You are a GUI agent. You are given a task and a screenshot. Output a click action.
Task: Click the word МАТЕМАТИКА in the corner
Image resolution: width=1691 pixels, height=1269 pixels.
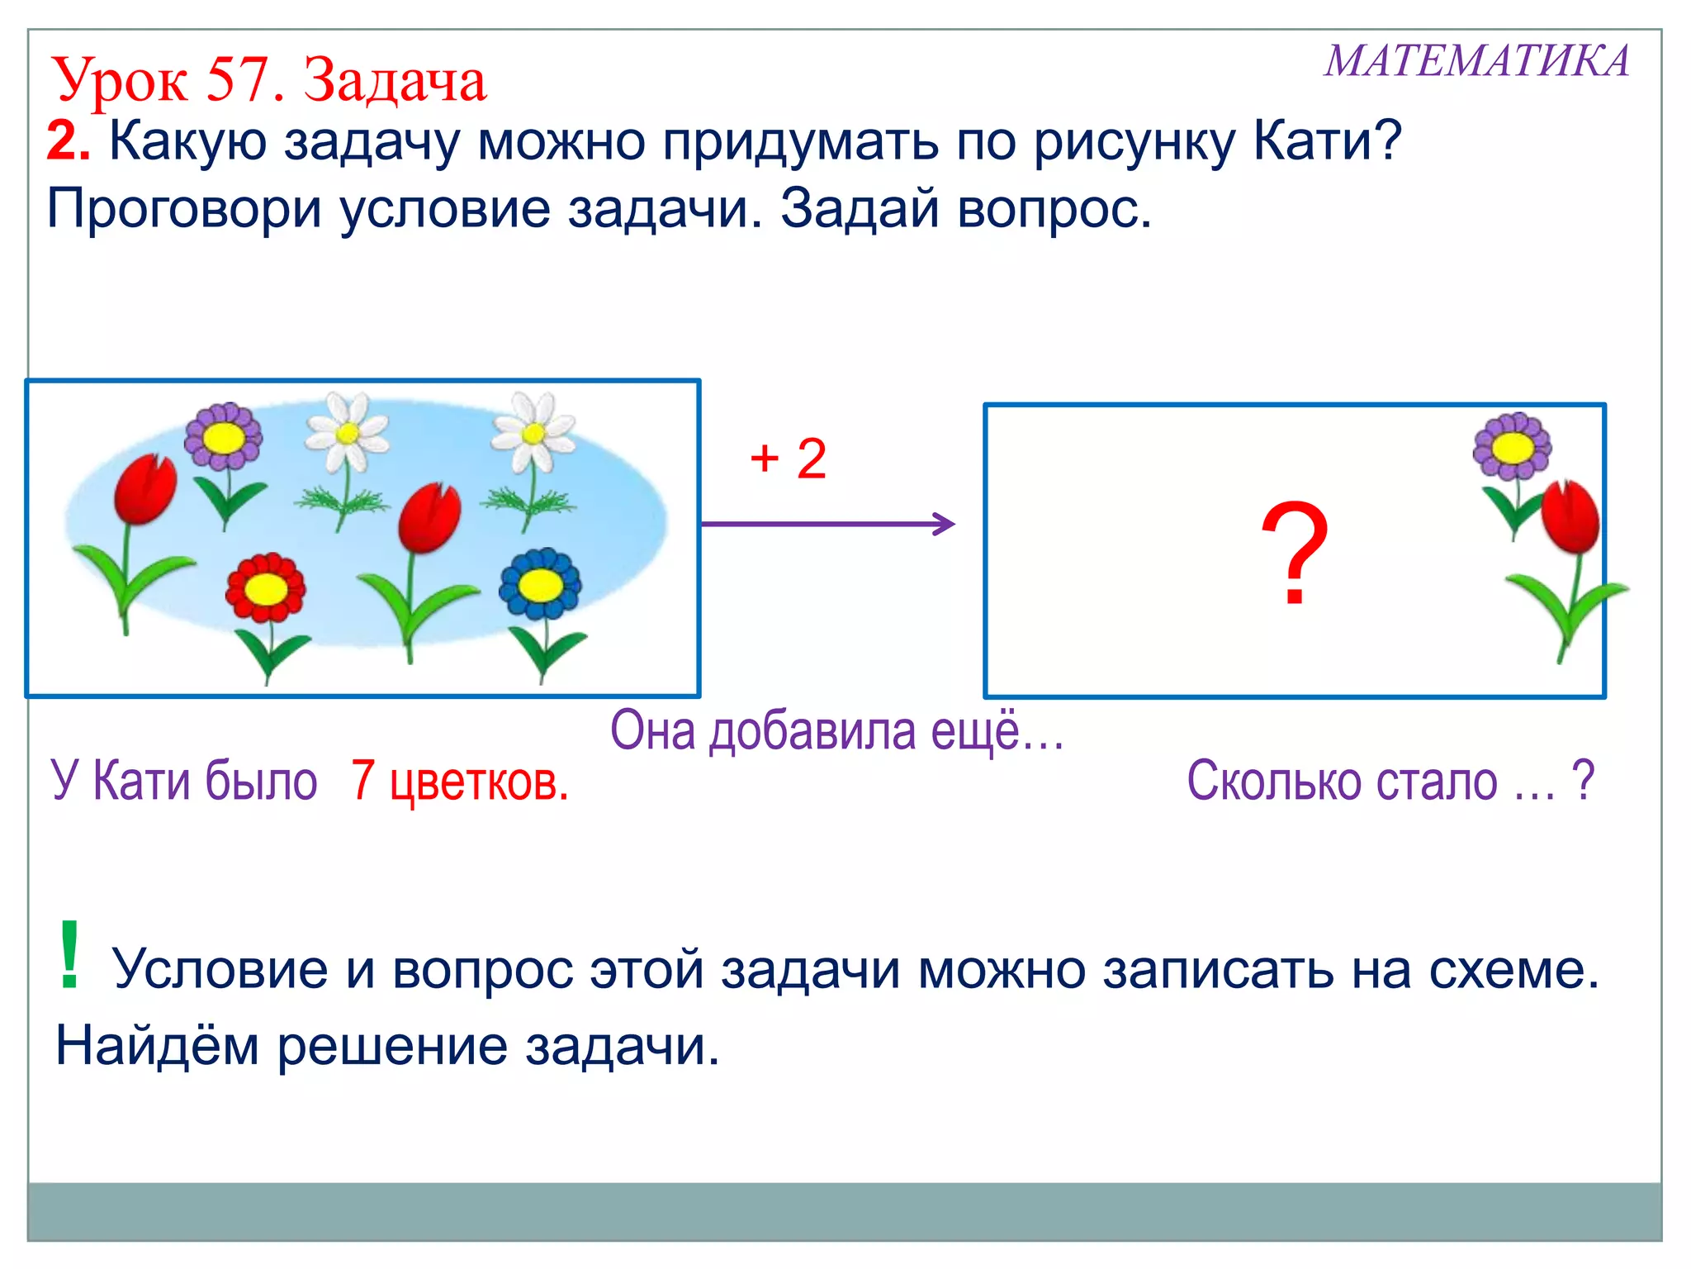(1476, 62)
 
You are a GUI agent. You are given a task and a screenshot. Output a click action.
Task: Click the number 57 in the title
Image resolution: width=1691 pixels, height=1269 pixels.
(239, 81)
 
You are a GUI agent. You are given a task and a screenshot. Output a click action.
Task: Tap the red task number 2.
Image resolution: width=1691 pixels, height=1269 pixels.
(67, 142)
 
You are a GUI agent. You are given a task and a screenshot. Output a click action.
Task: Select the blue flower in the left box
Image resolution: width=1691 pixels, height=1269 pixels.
(540, 584)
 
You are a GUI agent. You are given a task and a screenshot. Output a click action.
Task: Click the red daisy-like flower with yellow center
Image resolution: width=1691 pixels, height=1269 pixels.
(265, 588)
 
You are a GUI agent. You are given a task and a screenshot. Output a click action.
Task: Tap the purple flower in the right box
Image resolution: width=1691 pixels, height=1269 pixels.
(1512, 447)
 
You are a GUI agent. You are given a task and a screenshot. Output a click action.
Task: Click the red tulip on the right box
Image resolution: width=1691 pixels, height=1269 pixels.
(1570, 518)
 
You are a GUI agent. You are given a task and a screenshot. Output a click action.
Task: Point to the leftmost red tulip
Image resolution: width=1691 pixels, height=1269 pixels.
(144, 490)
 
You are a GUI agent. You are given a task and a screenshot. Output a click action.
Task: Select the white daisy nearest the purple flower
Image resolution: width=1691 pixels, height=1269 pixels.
(347, 433)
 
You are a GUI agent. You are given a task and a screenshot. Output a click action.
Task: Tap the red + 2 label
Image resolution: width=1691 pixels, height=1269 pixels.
(788, 459)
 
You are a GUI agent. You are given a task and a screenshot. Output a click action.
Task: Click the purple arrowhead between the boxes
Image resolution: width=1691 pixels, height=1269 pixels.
(945, 524)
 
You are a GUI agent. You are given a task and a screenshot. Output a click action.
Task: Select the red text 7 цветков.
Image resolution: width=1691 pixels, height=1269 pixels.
(459, 781)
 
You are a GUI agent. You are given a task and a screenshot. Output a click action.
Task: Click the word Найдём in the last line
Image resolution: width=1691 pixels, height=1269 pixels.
(156, 1047)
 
